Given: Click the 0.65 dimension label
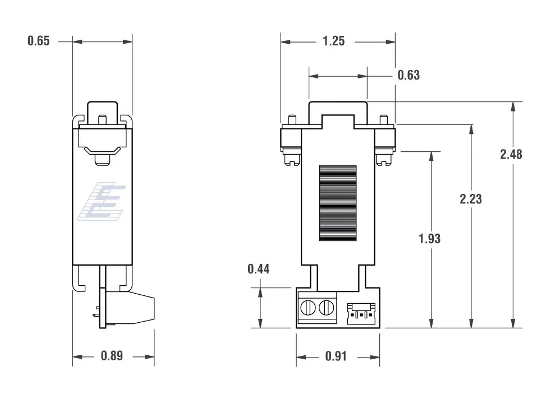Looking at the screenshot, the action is (x=39, y=41).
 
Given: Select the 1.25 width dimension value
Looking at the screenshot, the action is (x=333, y=41).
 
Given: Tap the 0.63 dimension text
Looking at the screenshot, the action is (x=408, y=75).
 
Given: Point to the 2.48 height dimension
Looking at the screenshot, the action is (x=511, y=155).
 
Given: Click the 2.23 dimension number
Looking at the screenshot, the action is (x=471, y=199).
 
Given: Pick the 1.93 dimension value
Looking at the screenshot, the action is (x=429, y=239).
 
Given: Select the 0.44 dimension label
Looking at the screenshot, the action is (x=259, y=269).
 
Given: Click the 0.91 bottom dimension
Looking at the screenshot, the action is (x=336, y=356).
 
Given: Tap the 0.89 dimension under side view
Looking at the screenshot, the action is (x=112, y=355).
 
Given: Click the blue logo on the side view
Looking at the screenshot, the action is (x=102, y=201).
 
